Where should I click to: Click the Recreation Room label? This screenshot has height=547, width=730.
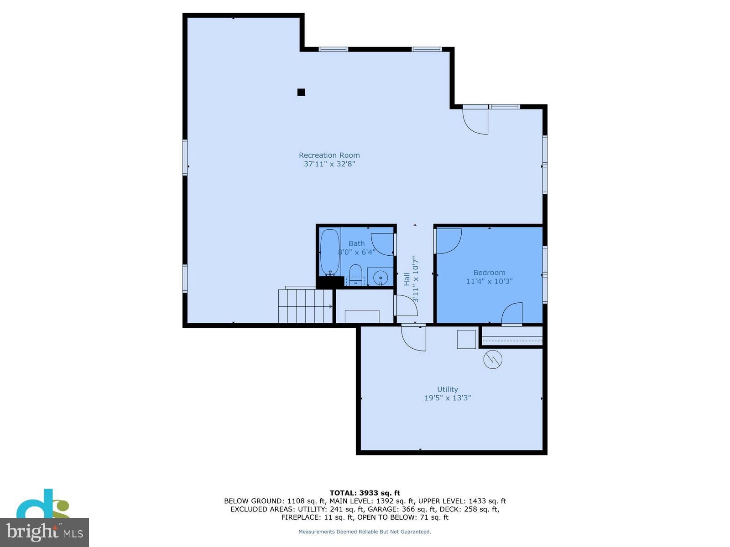[x=329, y=155]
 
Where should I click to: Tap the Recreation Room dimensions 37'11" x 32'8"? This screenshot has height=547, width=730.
[x=329, y=164]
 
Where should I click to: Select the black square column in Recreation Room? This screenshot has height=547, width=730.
[x=301, y=92]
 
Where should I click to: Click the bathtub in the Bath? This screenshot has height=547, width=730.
[x=329, y=252]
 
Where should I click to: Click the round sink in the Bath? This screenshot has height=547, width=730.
[x=380, y=277]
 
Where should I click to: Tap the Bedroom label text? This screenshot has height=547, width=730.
[x=489, y=273]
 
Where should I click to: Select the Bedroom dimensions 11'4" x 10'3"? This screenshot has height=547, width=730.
[x=489, y=281]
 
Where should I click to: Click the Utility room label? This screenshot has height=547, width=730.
[x=447, y=389]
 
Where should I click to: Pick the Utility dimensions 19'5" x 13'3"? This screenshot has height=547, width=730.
[x=447, y=398]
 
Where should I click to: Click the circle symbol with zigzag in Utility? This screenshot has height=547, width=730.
[x=493, y=359]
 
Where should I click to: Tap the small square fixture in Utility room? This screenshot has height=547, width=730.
[x=466, y=339]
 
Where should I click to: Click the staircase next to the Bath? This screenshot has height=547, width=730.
[x=305, y=306]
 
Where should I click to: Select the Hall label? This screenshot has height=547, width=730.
[x=407, y=279]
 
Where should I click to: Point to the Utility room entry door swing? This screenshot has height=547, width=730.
[x=414, y=338]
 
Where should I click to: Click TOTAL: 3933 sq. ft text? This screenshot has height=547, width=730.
[x=365, y=493]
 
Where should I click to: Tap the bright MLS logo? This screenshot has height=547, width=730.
[x=44, y=532]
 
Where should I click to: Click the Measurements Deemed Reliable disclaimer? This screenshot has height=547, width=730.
[x=365, y=532]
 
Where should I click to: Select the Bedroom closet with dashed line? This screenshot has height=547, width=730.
[x=512, y=338]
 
